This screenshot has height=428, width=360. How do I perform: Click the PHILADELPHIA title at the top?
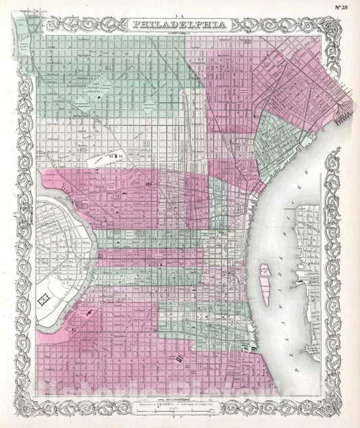point(180,24)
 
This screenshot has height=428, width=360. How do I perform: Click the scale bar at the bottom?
point(180,411)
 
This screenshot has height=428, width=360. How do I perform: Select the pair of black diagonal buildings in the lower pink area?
point(180,358)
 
